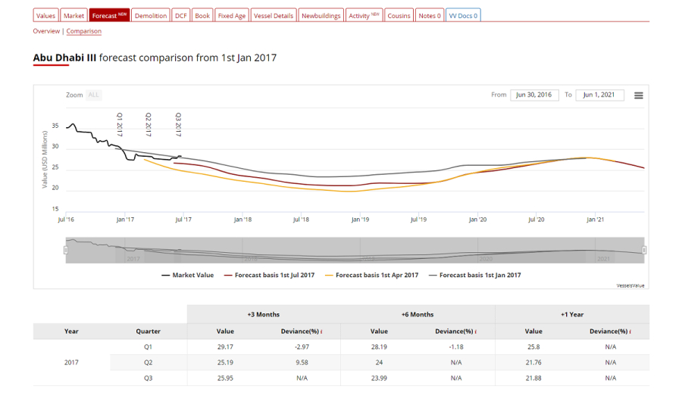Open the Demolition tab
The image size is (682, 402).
tap(151, 15)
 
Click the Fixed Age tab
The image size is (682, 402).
tap(231, 15)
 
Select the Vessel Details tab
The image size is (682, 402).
tap(273, 15)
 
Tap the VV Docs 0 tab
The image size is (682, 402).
tap(462, 15)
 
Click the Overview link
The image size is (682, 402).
tap(46, 31)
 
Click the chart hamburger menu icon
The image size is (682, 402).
tap(639, 95)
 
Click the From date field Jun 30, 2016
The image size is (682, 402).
tap(534, 95)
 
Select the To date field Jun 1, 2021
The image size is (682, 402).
tap(600, 95)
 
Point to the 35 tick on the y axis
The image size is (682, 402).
tap(55, 126)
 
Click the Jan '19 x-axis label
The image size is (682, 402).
tap(360, 220)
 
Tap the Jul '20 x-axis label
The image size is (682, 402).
tap(536, 220)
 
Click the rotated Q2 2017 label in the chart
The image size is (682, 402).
tap(149, 124)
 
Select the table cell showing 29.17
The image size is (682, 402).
tap(225, 347)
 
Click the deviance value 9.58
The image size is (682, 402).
tap(302, 363)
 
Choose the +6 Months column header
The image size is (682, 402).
tap(417, 314)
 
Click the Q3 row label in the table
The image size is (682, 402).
tap(148, 378)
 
